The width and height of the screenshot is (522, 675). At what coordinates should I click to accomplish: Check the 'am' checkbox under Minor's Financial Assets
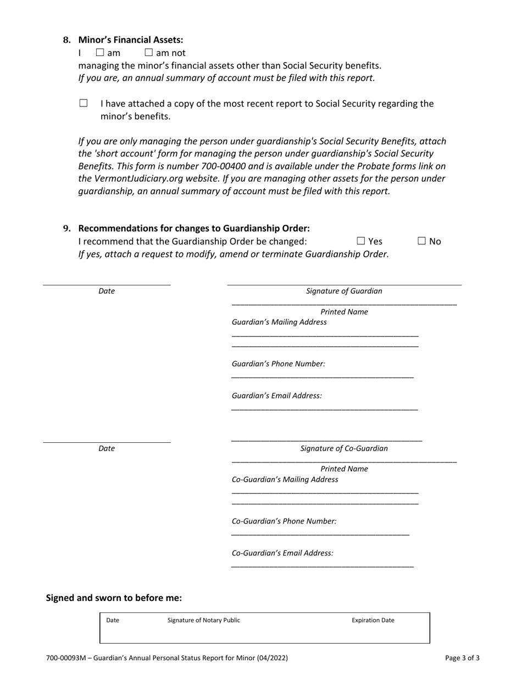[100, 53]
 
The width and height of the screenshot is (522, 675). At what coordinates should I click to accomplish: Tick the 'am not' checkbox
[148, 53]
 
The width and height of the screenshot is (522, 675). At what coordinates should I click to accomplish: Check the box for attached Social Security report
[84, 103]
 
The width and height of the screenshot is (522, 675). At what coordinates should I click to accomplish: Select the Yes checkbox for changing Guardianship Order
[361, 241]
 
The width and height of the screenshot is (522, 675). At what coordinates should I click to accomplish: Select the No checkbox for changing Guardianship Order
[422, 241]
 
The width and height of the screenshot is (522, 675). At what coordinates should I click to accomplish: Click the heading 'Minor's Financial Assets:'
[131, 40]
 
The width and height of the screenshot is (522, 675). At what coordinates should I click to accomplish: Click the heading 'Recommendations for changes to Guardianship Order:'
[194, 228]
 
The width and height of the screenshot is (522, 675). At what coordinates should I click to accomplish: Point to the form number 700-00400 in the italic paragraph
[224, 166]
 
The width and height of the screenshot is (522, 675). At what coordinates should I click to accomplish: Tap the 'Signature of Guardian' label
[344, 291]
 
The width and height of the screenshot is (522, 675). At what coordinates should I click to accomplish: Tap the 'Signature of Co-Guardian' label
[344, 448]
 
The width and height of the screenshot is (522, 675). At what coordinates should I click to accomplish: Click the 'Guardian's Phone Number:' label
[279, 364]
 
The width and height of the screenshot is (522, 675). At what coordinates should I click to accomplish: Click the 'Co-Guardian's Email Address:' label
[282, 553]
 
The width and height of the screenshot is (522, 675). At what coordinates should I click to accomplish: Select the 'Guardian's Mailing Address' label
[279, 322]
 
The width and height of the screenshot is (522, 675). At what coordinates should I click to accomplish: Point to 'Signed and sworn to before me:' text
[114, 598]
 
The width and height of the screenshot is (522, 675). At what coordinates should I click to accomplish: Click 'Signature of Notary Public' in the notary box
[204, 620]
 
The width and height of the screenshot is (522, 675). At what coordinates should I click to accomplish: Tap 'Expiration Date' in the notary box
[373, 620]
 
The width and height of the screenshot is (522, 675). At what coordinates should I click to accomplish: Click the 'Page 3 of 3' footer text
[462, 657]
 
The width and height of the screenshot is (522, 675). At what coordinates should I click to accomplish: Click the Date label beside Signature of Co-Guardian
[107, 448]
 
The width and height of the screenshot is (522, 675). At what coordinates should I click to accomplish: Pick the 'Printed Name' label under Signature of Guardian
[344, 312]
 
